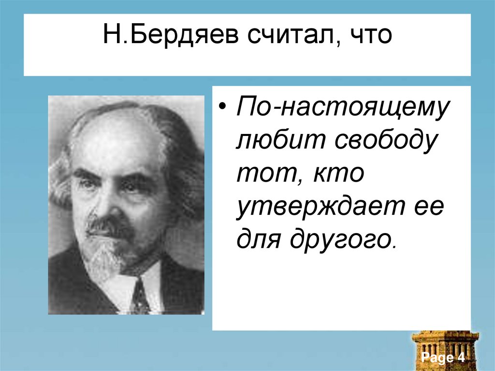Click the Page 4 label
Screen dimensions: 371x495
point(443,358)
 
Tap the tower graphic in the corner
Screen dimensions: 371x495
point(445,343)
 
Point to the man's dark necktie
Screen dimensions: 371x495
point(140,296)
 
